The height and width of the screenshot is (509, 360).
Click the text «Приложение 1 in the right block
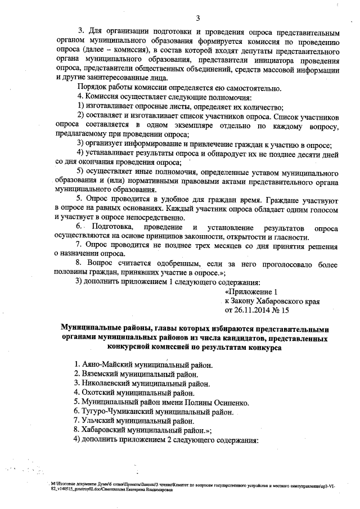pyautogui.click(x=251, y=292)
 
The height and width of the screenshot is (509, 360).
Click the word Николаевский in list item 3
pyautogui.click(x=106, y=384)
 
